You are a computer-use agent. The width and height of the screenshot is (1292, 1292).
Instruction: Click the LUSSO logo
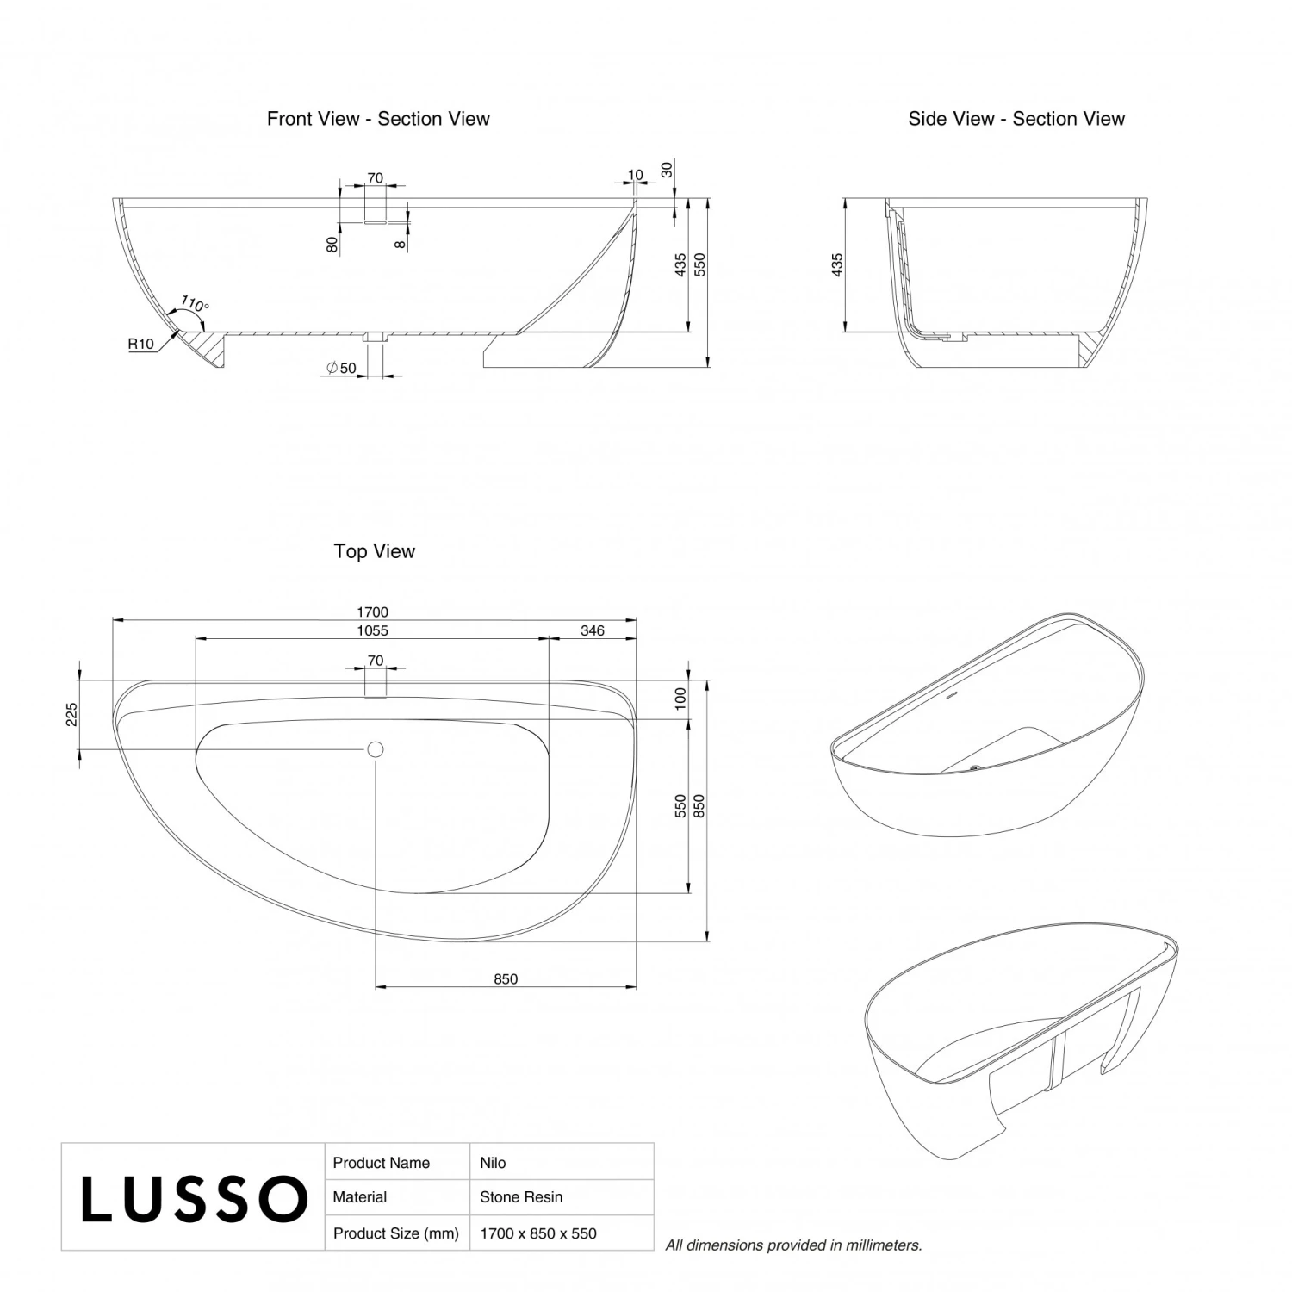click(x=194, y=1198)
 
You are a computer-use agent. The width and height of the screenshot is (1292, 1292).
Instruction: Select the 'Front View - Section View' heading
click(x=378, y=119)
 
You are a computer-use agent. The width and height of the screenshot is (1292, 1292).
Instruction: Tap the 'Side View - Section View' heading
click(x=1016, y=119)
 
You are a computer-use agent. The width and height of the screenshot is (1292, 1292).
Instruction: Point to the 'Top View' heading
click(x=375, y=551)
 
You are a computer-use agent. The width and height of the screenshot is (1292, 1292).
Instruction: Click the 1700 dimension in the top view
click(x=373, y=612)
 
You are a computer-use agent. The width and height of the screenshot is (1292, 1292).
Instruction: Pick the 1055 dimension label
click(x=373, y=630)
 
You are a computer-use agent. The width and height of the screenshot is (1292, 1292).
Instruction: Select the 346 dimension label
click(x=593, y=630)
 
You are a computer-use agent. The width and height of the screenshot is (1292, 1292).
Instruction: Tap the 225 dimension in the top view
click(x=72, y=715)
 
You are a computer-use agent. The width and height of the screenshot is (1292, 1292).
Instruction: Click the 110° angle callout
click(x=196, y=305)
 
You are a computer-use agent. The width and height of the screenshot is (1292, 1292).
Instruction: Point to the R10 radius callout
click(x=140, y=345)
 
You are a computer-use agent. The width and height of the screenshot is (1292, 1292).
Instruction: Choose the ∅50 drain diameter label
click(x=341, y=369)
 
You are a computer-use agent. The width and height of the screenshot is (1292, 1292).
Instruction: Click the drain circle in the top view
click(x=375, y=749)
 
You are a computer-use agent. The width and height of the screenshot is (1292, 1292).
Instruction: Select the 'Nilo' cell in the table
click(x=493, y=1163)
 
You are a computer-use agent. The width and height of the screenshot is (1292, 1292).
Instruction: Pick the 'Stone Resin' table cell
click(x=521, y=1197)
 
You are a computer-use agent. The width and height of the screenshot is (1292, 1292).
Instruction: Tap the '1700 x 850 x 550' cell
click(x=538, y=1233)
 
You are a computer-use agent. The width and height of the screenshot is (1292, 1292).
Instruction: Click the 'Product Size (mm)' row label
click(x=395, y=1233)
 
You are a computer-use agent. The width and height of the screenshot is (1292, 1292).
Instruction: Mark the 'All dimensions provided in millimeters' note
click(x=793, y=1245)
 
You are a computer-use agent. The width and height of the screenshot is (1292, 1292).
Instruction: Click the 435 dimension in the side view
click(x=837, y=264)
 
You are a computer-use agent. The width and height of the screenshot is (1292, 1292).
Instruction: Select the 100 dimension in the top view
click(x=680, y=698)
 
